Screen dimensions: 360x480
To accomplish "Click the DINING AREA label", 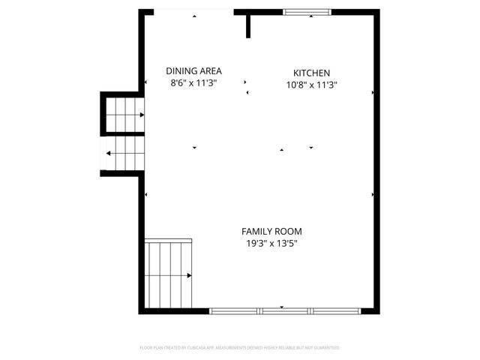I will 193,71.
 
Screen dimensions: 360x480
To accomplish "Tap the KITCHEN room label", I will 311,73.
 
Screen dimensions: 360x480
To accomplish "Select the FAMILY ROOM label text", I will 271,232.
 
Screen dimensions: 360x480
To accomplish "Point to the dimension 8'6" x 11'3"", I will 193,83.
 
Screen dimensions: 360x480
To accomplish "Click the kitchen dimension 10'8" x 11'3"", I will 311,85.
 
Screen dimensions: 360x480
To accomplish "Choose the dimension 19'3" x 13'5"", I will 271,244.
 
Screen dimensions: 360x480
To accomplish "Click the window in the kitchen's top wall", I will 306,12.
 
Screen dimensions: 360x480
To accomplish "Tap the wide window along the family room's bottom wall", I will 285,310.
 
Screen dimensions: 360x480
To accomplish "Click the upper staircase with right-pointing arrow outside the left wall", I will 123,115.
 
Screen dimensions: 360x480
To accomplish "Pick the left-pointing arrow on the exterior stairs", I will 110,154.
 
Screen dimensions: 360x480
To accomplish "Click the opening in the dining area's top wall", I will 193,12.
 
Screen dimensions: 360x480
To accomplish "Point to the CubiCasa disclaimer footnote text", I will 240,348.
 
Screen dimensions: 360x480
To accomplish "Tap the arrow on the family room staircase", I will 189,276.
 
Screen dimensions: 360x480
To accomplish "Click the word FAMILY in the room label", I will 256,232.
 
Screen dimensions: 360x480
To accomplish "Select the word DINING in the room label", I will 181,71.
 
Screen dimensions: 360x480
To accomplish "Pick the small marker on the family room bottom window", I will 282,307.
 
